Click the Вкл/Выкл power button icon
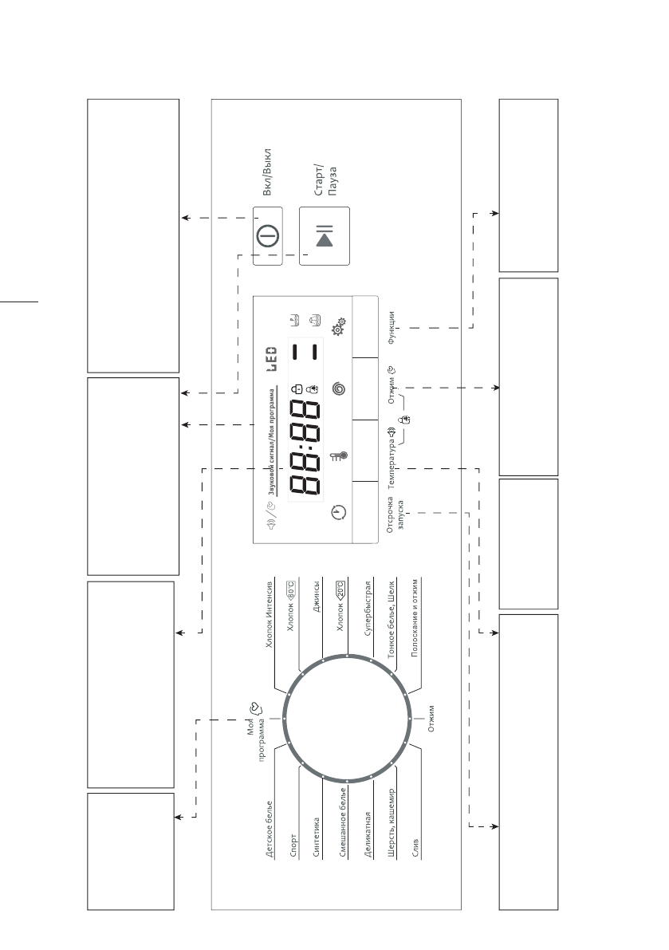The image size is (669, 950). (x=268, y=235)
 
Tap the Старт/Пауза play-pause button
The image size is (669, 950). (x=325, y=236)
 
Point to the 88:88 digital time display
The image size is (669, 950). (x=305, y=448)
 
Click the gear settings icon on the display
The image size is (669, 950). (x=338, y=327)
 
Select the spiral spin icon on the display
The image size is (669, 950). (x=339, y=388)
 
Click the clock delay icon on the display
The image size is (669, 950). (x=340, y=512)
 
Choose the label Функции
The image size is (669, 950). (x=392, y=328)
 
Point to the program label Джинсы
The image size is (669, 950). (x=316, y=597)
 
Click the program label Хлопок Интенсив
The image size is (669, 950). (x=270, y=613)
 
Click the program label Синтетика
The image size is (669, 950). (x=316, y=838)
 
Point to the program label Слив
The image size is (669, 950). (x=415, y=848)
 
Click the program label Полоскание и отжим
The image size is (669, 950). (x=415, y=617)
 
